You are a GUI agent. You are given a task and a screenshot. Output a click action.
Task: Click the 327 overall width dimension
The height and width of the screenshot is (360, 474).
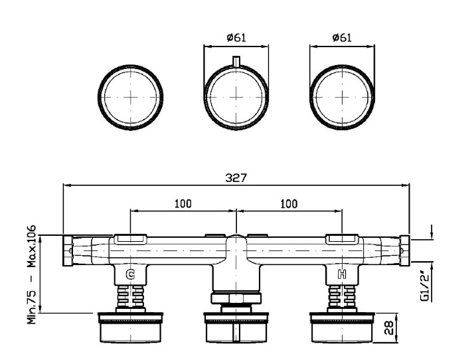click(x=236, y=178)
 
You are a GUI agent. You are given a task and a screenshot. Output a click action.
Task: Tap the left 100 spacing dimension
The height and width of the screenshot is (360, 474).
click(x=183, y=204)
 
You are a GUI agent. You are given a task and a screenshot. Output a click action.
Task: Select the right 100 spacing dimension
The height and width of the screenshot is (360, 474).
click(x=289, y=204)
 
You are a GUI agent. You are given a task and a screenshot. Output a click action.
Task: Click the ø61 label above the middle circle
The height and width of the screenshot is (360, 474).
click(x=236, y=37)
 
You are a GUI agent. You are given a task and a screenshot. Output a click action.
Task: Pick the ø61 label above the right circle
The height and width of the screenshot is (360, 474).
click(x=342, y=37)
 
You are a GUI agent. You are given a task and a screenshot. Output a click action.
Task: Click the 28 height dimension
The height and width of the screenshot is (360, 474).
click(x=389, y=327)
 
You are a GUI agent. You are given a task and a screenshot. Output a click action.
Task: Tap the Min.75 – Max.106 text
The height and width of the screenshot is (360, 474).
click(x=32, y=274)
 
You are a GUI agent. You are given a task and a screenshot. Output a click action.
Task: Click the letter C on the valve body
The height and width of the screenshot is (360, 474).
click(x=130, y=274)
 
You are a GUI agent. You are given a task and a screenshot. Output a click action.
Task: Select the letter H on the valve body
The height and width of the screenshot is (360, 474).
click(x=342, y=274)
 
